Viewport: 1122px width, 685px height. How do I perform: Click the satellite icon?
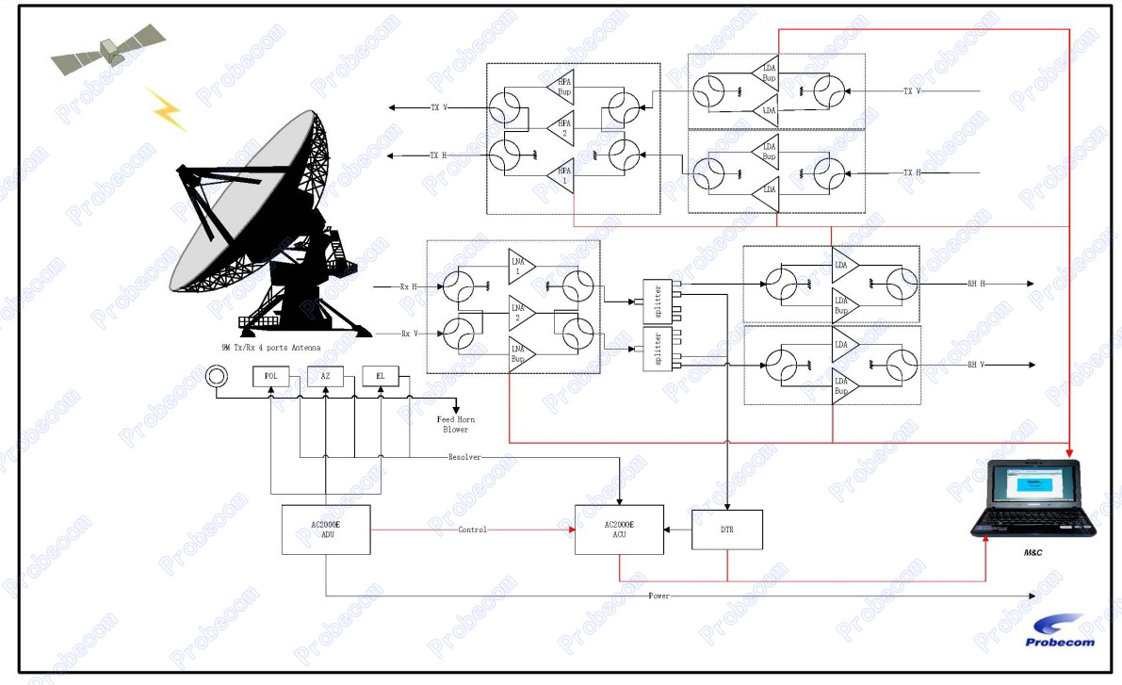tap(108, 52)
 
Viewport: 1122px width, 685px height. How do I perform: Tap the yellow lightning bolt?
tap(166, 108)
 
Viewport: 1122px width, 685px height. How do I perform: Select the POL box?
tap(271, 376)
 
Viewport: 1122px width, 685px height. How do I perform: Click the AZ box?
tap(326, 376)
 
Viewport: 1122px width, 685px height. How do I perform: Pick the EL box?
tap(381, 376)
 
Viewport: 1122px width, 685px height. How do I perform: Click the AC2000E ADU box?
tap(325, 530)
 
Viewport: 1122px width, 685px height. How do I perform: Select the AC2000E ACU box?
tap(619, 530)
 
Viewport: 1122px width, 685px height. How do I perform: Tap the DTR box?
tap(727, 530)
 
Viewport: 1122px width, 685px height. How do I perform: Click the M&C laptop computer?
tap(1033, 498)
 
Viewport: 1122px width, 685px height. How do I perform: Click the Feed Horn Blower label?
tap(456, 424)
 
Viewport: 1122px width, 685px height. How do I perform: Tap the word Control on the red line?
tap(472, 530)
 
